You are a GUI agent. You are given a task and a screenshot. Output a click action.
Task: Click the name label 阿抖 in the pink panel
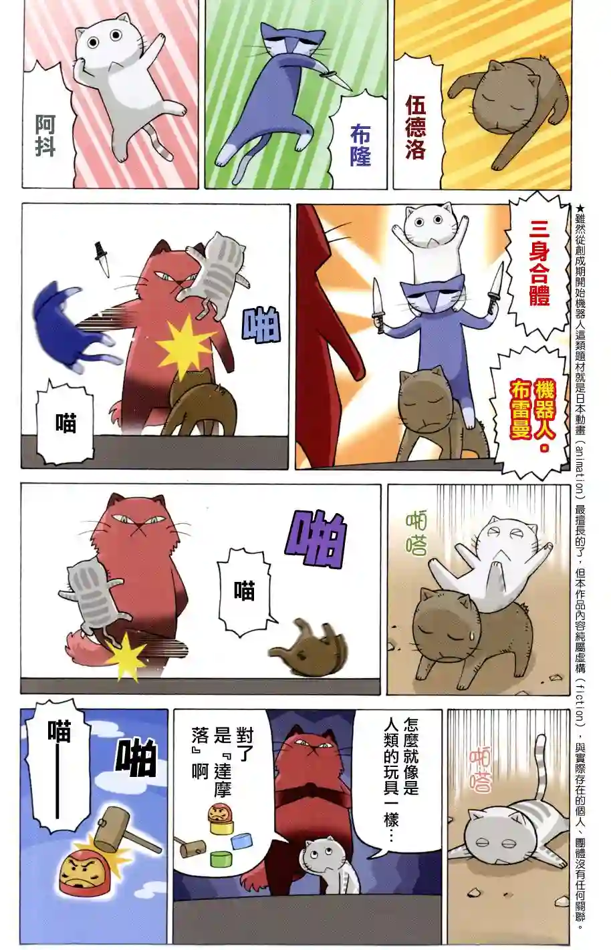click(x=45, y=136)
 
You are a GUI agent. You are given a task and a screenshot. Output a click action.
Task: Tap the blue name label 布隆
click(x=360, y=146)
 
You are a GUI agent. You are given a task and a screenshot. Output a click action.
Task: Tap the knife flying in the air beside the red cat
click(x=102, y=259)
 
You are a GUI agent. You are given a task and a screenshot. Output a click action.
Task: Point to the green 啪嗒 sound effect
click(x=416, y=534)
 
